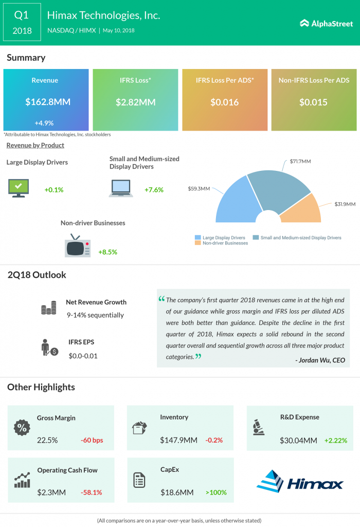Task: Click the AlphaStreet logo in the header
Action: coord(326,23)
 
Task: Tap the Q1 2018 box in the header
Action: coord(22,23)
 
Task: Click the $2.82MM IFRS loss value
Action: coord(135,102)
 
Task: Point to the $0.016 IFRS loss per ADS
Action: coord(225,102)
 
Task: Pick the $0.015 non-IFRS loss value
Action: coord(313,102)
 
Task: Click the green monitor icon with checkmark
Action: coord(19,188)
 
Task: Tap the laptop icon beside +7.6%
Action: coord(121,188)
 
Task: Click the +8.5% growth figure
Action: coord(107,252)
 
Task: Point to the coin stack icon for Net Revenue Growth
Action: coord(48,309)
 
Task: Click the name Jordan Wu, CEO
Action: coord(320,360)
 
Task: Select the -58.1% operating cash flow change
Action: coord(91,493)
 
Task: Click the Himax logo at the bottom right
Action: coord(299,482)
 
